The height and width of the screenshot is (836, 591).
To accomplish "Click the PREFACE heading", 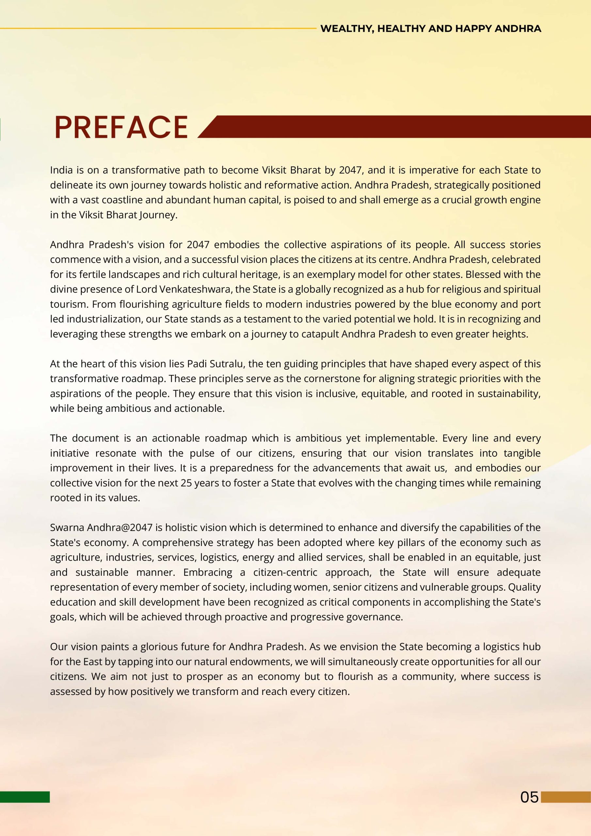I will [x=121, y=127].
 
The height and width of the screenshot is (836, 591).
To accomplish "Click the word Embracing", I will [x=208, y=572].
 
